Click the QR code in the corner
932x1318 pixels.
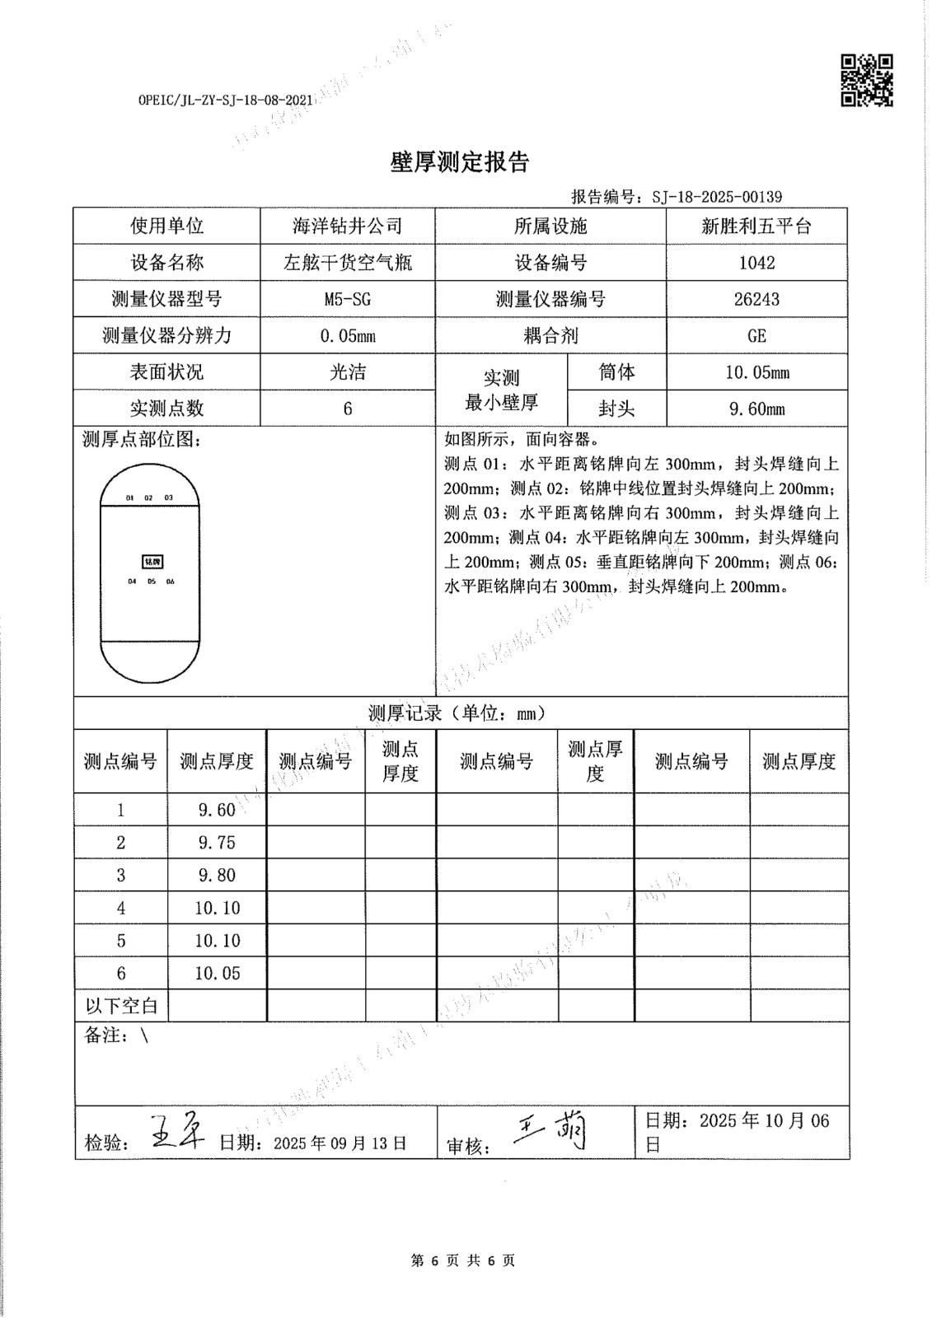867,80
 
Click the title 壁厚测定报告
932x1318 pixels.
459,162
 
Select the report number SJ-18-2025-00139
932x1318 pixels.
716,197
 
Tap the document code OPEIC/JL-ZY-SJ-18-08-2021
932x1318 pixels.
226,100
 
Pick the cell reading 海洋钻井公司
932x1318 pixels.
347,226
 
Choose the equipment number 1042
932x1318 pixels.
756,263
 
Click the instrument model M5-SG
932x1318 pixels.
347,299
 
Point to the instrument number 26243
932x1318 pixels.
756,299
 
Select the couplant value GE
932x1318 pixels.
756,336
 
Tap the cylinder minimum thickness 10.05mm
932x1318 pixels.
756,372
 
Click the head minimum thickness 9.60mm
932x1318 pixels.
756,409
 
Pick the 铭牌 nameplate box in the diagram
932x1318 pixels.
152,562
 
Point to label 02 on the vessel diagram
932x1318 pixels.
149,498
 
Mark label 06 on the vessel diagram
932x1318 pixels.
171,582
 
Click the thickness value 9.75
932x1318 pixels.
217,843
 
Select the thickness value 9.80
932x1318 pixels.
217,875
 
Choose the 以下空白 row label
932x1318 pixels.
121,1006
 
